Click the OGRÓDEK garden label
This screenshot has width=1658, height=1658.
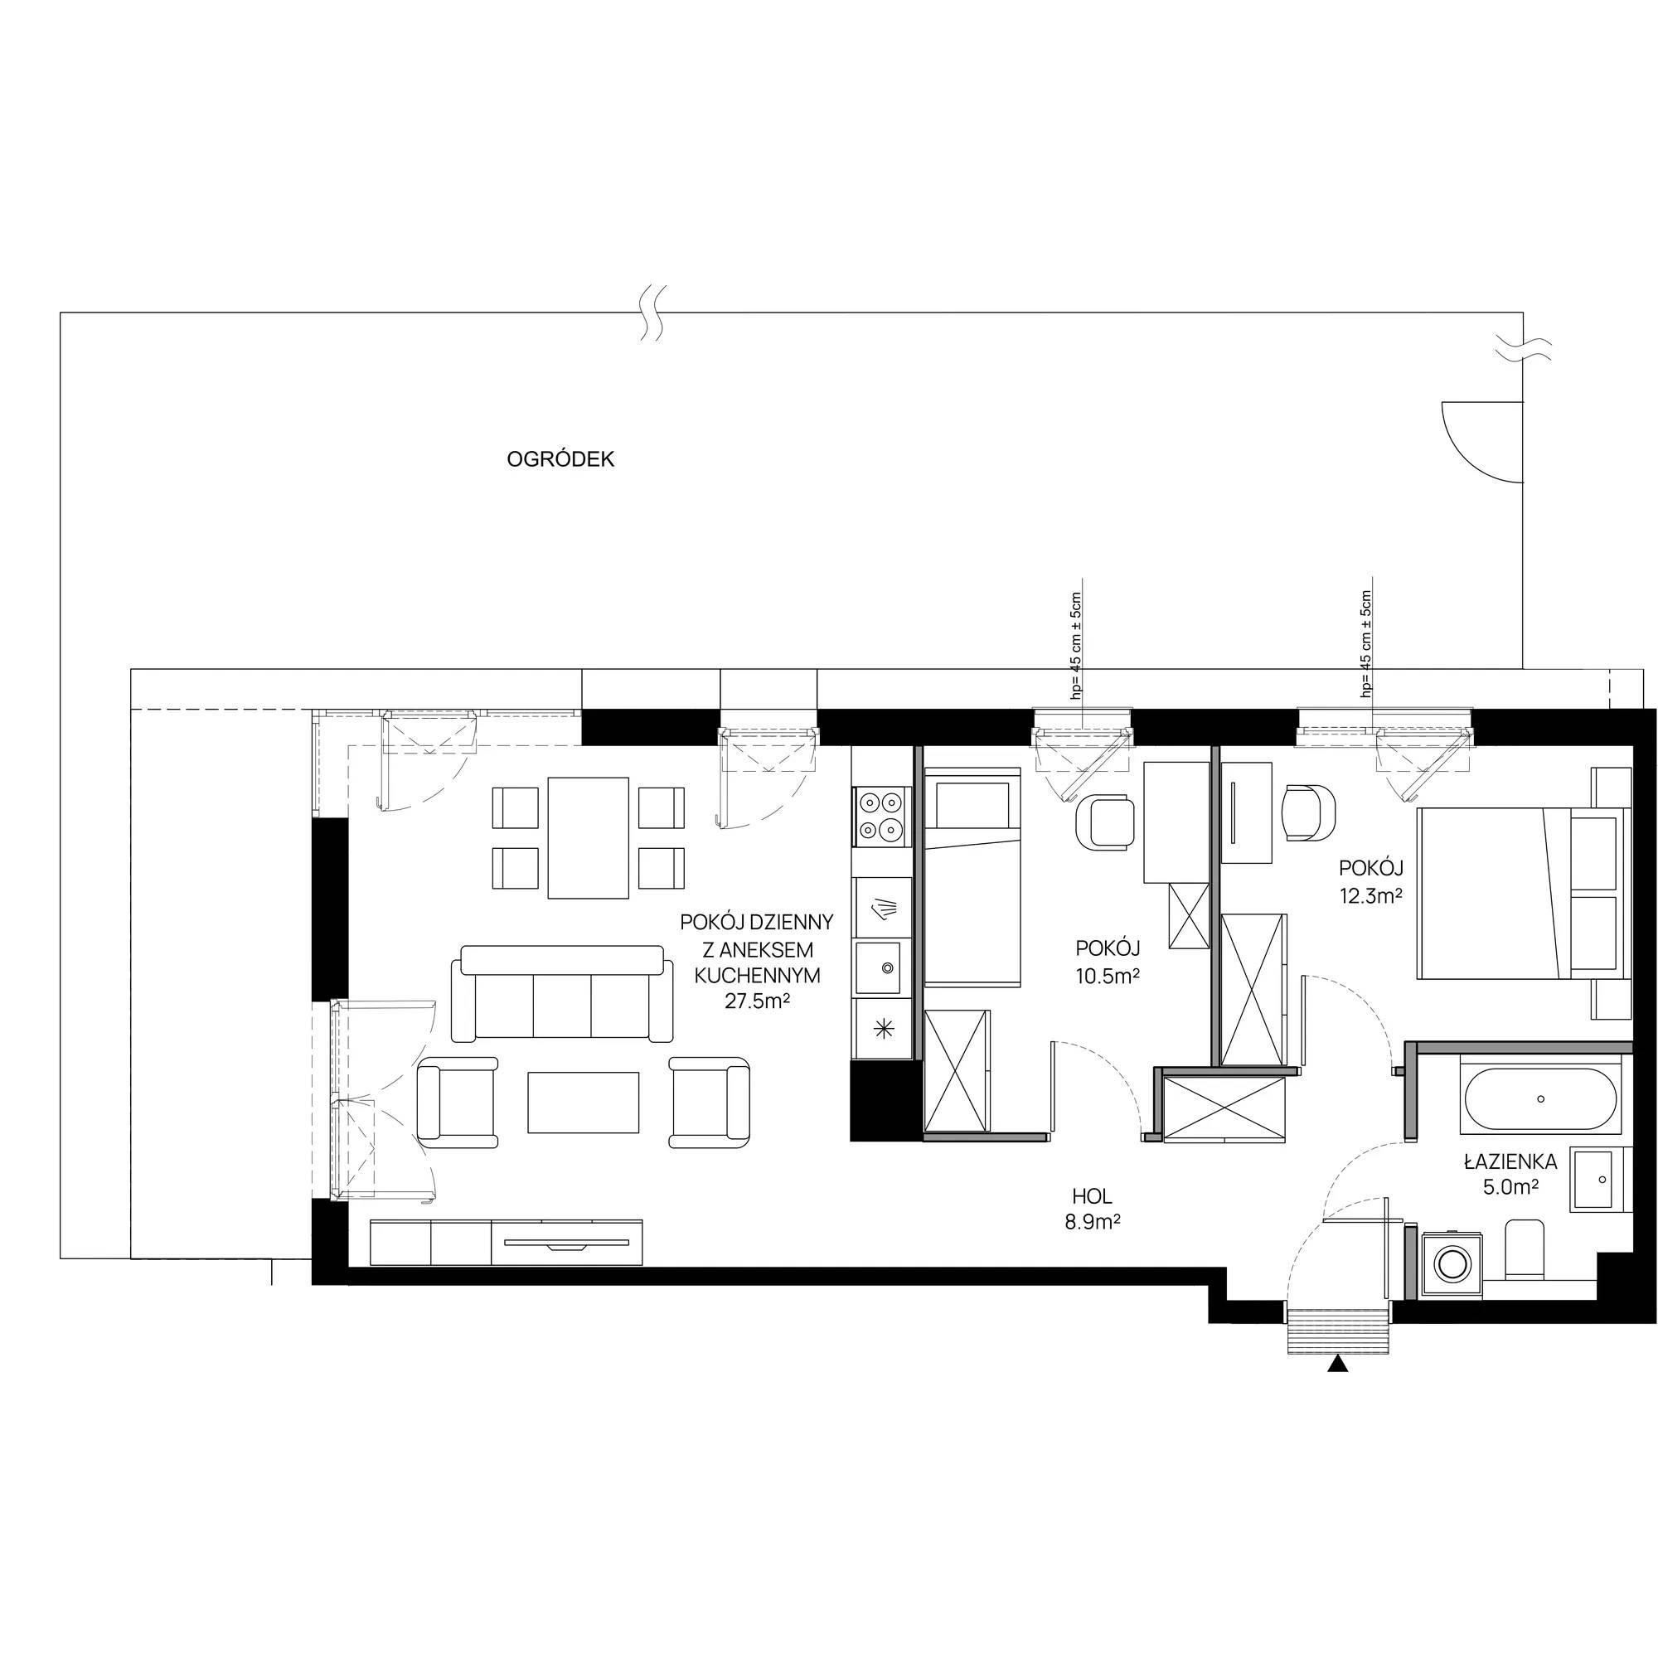pos(560,459)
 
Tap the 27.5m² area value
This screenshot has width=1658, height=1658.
pos(757,1001)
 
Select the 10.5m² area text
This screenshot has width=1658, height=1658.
pos(1108,975)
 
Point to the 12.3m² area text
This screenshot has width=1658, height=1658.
pos(1370,896)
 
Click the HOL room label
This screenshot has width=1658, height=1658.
pos(1092,1196)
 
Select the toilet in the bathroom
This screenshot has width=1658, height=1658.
pos(1526,1248)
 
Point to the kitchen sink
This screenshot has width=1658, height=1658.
pos(881,967)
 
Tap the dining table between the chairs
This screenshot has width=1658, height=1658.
pos(588,837)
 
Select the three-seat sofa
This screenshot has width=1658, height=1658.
pos(562,993)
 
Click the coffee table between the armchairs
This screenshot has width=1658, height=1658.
pos(584,1103)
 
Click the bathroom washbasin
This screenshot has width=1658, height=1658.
pos(1597,1180)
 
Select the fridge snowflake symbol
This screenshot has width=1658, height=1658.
pos(881,1030)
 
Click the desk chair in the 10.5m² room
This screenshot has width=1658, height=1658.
pos(1103,822)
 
